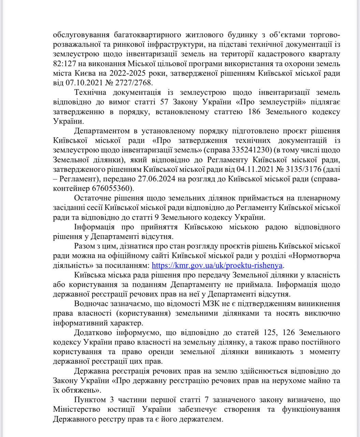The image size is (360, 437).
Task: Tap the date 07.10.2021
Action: (80, 83)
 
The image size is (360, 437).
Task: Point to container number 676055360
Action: (113, 188)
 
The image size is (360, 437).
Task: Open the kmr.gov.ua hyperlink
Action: (217, 265)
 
